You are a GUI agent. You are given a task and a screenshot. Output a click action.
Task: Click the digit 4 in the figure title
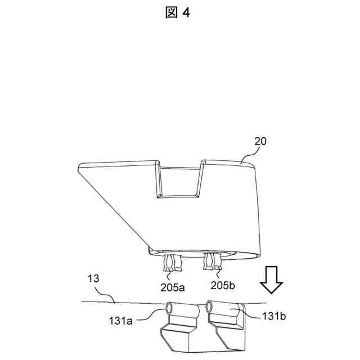coord(187,13)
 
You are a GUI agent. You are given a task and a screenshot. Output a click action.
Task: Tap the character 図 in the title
coord(172,13)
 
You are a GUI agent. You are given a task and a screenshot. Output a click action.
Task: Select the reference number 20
coord(259,143)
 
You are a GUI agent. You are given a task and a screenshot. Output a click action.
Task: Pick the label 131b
coord(274,316)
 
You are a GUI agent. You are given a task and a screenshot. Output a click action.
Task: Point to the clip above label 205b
coord(214,260)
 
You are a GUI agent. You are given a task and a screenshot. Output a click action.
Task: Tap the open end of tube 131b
coord(209,307)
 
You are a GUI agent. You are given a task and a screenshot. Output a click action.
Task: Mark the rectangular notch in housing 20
coord(179,180)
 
